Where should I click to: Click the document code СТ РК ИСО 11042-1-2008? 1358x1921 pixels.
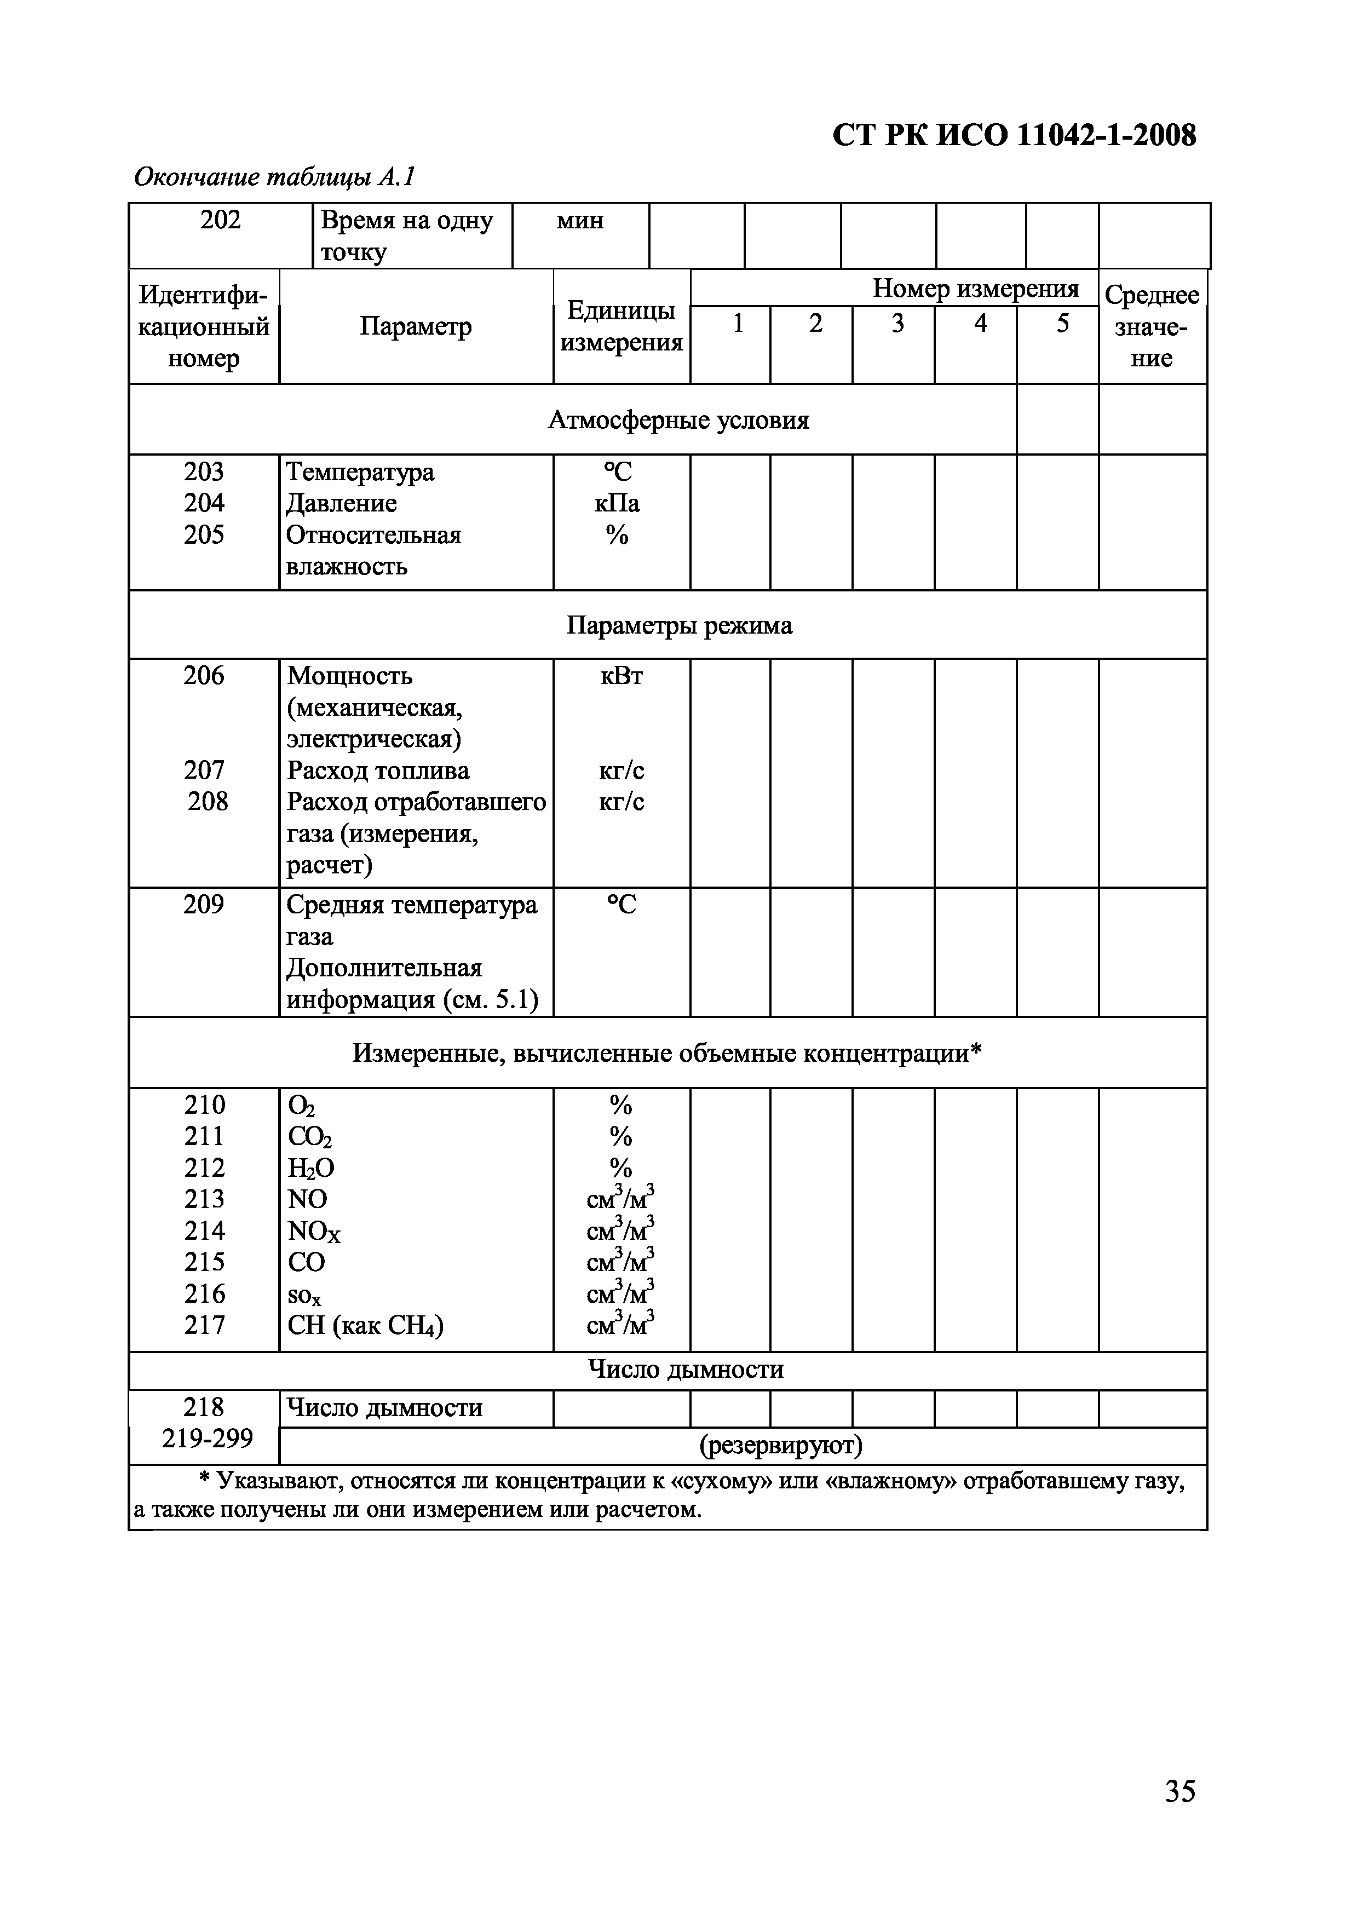tap(1014, 136)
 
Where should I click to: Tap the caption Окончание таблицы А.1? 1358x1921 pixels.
tap(274, 177)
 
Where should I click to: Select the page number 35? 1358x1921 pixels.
tap(1180, 1791)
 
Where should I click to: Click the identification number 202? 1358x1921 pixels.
tap(221, 220)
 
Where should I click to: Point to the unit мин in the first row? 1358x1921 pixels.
tap(580, 221)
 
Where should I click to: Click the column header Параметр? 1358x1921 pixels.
tap(416, 326)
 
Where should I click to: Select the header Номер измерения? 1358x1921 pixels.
tap(976, 289)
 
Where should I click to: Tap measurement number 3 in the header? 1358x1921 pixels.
tap(897, 324)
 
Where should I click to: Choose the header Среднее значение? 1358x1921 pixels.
tap(1152, 326)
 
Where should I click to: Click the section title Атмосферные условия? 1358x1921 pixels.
tap(678, 420)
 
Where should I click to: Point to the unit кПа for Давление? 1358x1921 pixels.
tap(618, 504)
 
